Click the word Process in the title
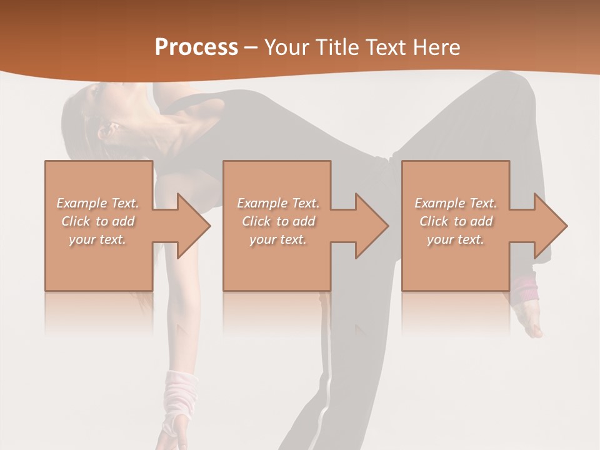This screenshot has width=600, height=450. tap(196, 47)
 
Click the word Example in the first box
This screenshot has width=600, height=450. tap(81, 203)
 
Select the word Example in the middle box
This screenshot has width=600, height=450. tap(262, 203)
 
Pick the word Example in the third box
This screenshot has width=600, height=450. tap(439, 203)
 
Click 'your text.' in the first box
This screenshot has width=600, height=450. tap(97, 239)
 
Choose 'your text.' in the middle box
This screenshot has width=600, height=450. tap(278, 239)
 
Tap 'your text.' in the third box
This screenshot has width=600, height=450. tap(456, 239)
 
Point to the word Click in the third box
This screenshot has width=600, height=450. tap(434, 221)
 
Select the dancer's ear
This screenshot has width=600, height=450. tap(108, 131)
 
